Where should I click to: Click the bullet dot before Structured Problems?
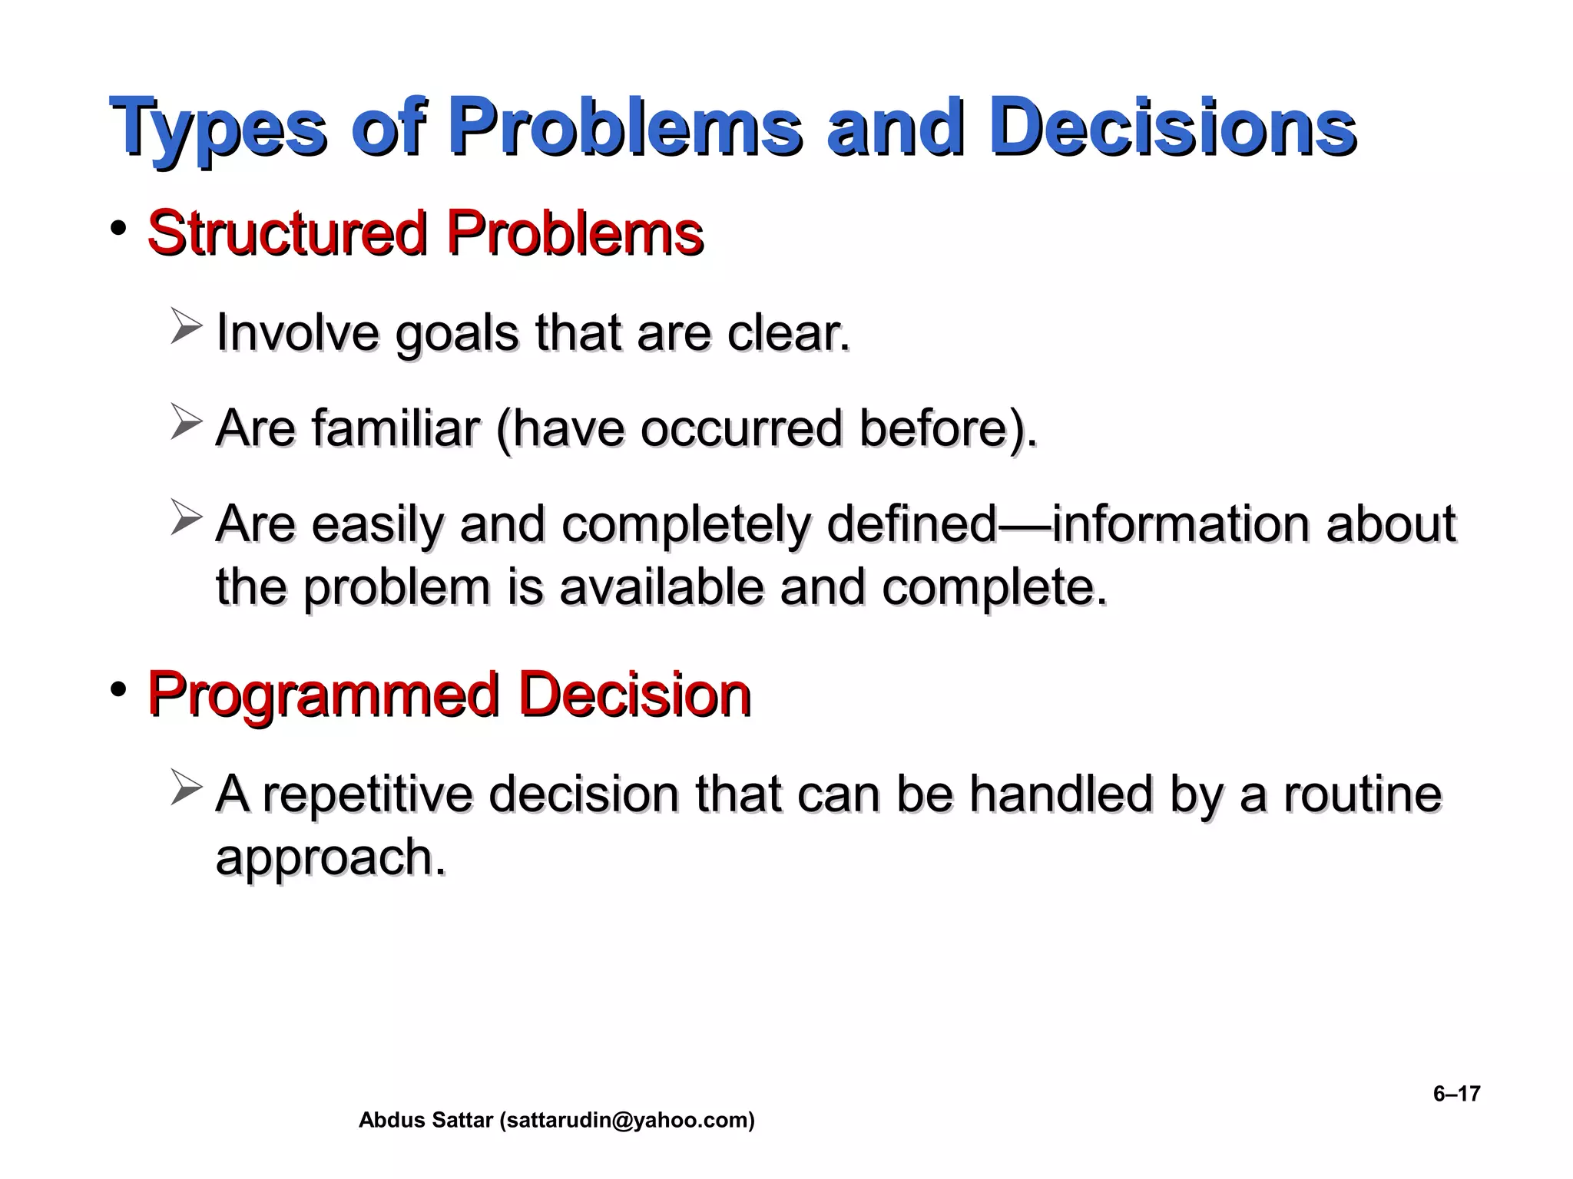tap(118, 228)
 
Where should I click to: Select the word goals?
tap(457, 335)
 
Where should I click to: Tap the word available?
tap(661, 588)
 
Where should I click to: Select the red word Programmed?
tap(323, 695)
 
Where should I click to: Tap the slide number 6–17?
tap(1456, 1094)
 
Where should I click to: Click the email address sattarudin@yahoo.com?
tap(627, 1121)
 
